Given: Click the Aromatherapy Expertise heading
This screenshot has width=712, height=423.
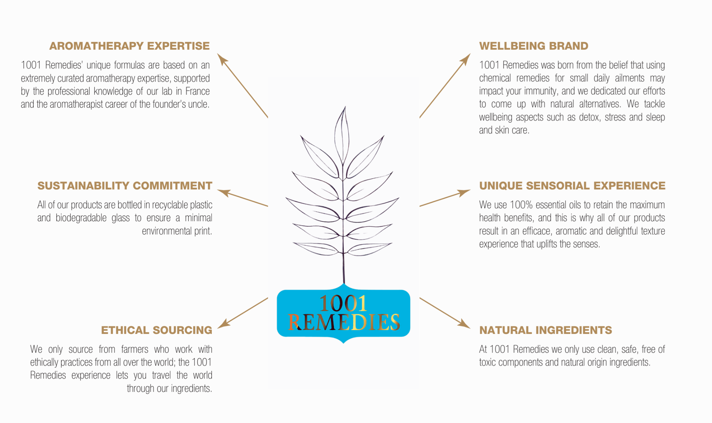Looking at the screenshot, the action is click(129, 46).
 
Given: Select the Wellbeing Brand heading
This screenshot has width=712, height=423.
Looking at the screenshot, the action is click(533, 46).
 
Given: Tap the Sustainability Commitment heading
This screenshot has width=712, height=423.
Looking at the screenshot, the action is click(125, 186).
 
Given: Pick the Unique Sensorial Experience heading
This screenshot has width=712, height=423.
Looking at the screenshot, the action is click(572, 186).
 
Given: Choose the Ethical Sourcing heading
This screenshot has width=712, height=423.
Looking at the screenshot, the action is click(157, 330).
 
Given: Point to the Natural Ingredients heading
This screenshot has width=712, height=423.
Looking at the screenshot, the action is click(546, 330).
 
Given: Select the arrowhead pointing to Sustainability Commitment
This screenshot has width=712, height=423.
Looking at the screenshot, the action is click(223, 192).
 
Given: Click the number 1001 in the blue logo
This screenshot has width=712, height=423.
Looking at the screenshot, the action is click(343, 303).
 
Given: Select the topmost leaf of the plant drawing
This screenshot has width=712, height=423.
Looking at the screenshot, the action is click(342, 135).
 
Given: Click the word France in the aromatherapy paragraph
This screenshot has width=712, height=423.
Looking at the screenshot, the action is click(197, 91).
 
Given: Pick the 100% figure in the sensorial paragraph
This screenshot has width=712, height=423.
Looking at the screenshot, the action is click(521, 205).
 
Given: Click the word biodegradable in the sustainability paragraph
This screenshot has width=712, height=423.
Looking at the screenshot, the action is click(81, 218).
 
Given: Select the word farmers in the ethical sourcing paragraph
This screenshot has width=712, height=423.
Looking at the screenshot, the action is click(135, 349).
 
